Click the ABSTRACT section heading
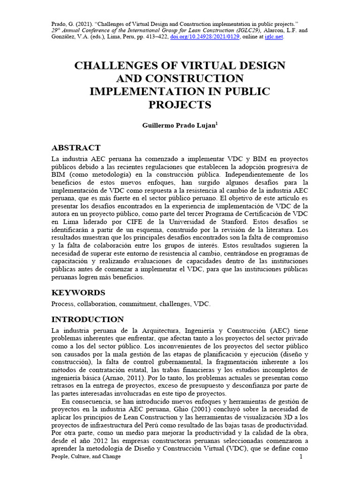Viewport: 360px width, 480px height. pyautogui.click(x=75, y=148)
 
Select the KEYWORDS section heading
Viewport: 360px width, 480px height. pyautogui.click(x=78, y=292)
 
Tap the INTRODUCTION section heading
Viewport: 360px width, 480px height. pyautogui.click(x=87, y=319)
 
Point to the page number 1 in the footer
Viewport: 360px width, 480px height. pyautogui.click(x=301, y=457)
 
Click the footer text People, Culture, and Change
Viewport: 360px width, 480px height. pyautogui.click(x=86, y=457)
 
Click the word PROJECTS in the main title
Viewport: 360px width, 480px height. pyautogui.click(x=180, y=104)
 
